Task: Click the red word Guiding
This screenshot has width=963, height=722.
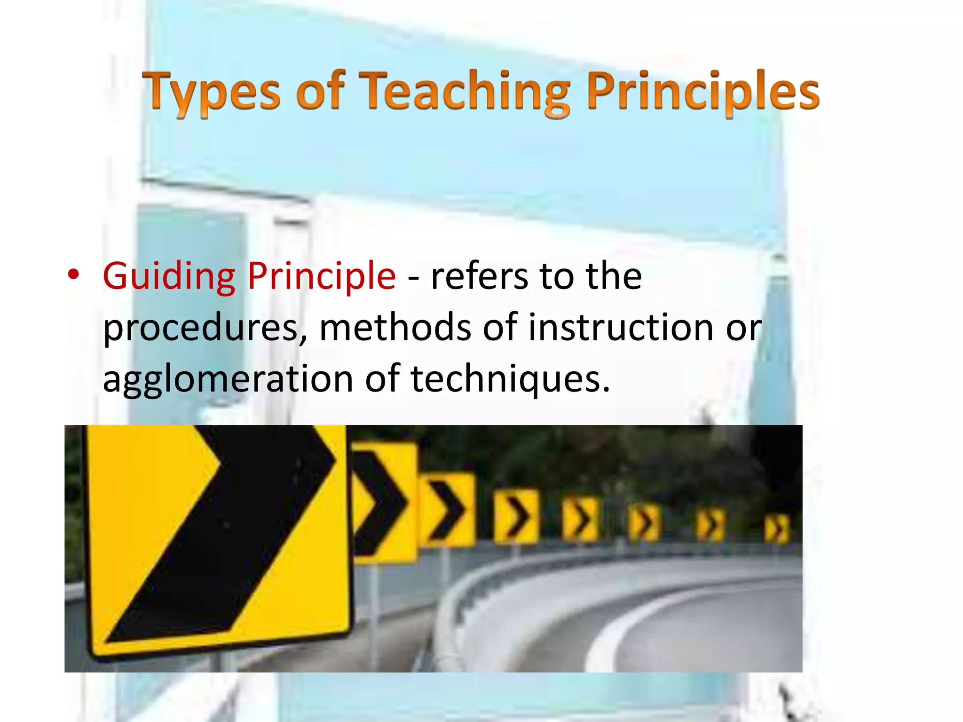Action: [x=169, y=276]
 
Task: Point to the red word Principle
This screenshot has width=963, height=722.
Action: [x=322, y=276]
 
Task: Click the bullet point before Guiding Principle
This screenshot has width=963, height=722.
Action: [x=73, y=275]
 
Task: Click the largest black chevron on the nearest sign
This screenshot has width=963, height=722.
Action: [x=226, y=531]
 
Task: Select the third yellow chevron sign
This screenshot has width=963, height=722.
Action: [x=447, y=510]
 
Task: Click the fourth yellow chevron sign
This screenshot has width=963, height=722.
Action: [x=516, y=517]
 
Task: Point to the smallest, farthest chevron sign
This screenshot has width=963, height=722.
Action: [x=777, y=529]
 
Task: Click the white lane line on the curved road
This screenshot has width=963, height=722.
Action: [x=611, y=635]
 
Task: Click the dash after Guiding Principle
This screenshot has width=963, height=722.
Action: [x=413, y=278]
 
